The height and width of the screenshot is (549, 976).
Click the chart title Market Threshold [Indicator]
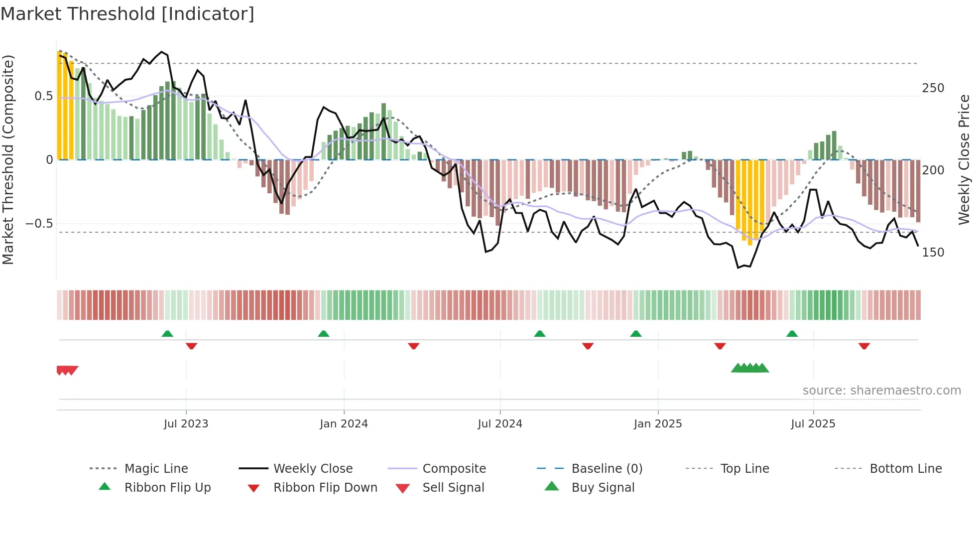(127, 14)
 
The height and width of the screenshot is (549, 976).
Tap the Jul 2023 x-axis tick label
(186, 424)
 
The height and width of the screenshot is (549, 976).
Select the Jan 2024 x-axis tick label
(344, 424)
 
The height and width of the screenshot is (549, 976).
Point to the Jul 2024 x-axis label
(500, 424)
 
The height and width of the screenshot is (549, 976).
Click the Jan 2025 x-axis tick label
(658, 424)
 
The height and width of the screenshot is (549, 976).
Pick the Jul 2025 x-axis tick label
(813, 424)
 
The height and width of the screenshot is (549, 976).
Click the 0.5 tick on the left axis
(44, 96)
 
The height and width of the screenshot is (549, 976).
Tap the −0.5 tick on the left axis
(39, 224)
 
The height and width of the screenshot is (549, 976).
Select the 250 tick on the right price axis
(933, 88)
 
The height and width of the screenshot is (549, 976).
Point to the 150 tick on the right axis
(933, 253)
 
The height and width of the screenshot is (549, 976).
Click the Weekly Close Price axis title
(964, 159)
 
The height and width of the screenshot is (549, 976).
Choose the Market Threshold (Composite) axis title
(8, 159)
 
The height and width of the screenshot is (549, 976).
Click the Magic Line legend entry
(156, 469)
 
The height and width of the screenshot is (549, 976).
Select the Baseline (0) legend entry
(607, 469)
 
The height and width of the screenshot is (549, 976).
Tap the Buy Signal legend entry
(603, 488)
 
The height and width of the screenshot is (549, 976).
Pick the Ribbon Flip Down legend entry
(325, 488)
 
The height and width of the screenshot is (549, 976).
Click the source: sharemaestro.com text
(881, 391)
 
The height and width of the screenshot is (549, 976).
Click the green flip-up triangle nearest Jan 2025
(636, 334)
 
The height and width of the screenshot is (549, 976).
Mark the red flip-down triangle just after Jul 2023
(192, 346)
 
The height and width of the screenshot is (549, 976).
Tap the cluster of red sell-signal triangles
(67, 370)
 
